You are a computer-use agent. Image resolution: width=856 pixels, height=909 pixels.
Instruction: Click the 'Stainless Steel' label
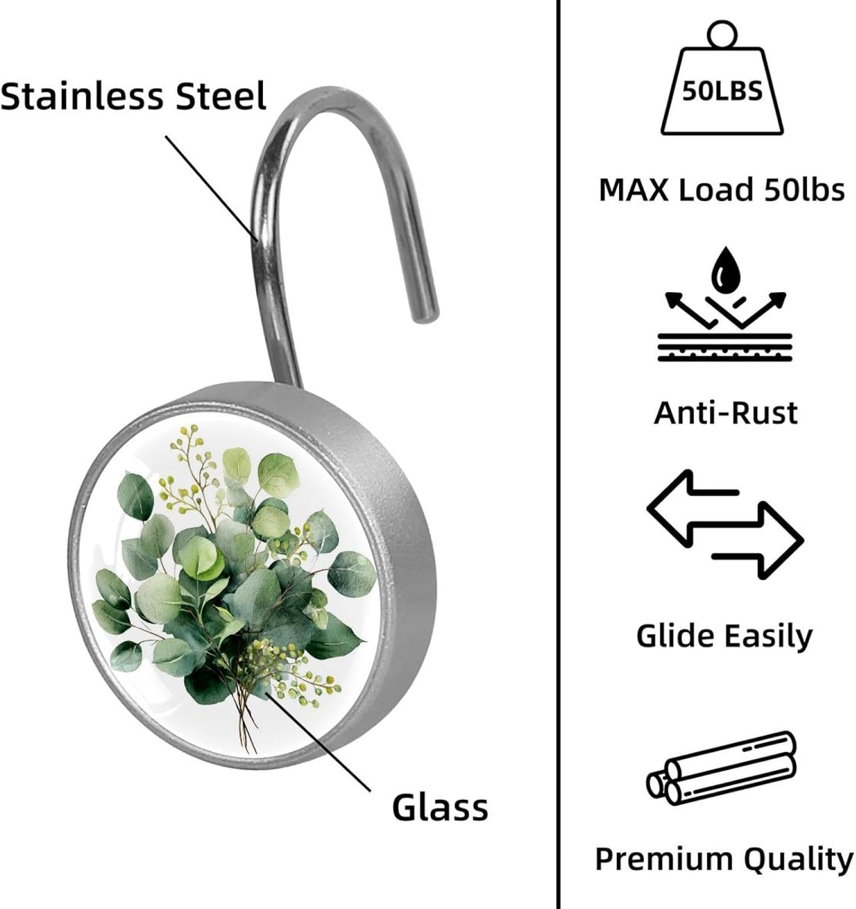[x=133, y=97]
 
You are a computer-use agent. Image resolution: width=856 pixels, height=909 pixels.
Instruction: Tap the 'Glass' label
[x=440, y=807]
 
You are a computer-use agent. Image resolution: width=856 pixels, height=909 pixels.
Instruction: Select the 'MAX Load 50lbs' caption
[x=722, y=190]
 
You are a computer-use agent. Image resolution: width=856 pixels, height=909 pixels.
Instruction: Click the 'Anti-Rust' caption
[x=726, y=413]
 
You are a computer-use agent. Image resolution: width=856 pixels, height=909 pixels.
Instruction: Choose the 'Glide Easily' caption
[x=725, y=636]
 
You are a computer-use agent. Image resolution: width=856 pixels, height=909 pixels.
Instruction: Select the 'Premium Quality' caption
[x=724, y=859]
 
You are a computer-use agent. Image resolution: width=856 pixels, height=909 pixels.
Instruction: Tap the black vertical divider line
[x=557, y=454]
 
